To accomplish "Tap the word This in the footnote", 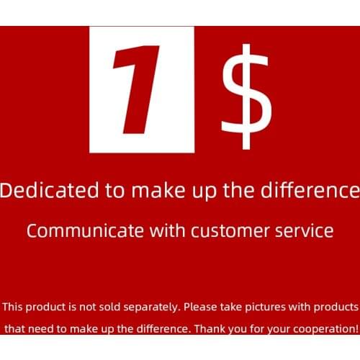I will (x=14, y=307).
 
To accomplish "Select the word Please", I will (x=201, y=307).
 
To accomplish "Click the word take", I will (x=233, y=307).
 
